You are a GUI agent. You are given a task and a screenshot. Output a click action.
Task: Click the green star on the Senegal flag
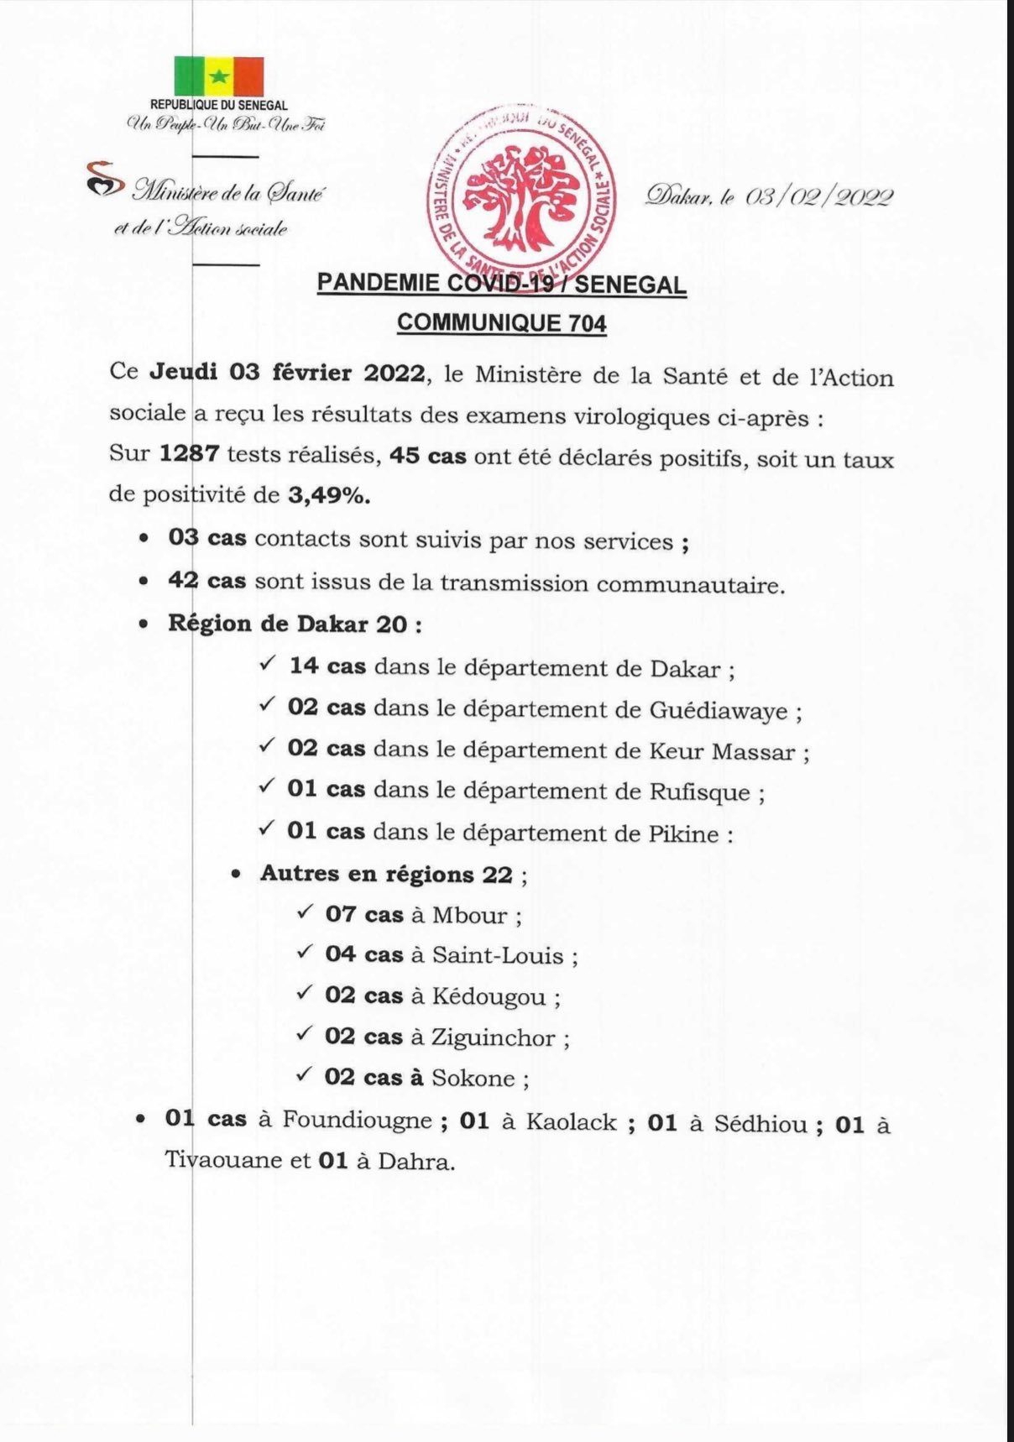(218, 77)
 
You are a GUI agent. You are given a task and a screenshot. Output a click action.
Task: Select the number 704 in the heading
(587, 323)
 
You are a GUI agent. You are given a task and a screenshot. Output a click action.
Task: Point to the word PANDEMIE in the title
(379, 283)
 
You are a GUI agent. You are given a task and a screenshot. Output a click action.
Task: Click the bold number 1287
(190, 454)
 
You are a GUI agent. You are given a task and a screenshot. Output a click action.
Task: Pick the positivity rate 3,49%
(328, 495)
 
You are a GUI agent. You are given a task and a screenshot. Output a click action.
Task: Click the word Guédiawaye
(719, 711)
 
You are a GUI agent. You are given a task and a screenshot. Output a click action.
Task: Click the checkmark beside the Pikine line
(267, 828)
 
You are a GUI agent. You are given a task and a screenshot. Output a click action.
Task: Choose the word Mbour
(469, 915)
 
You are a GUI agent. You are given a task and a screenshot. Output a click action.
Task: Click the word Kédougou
(489, 996)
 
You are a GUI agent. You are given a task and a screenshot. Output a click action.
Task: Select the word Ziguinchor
(493, 1037)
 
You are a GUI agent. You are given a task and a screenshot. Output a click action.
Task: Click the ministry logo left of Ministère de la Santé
(104, 180)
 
